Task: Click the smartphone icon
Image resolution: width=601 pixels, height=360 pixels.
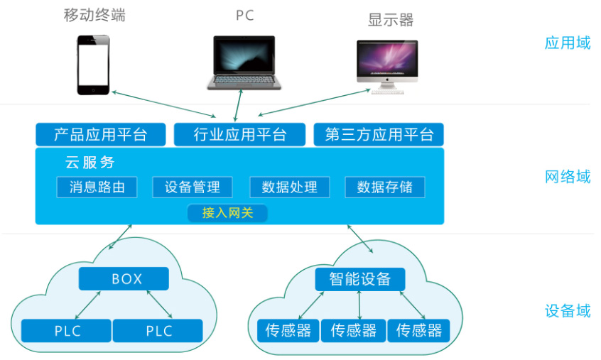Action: tap(93, 65)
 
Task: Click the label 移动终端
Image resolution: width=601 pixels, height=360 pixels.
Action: tap(94, 16)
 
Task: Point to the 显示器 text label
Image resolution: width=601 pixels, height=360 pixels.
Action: tap(391, 20)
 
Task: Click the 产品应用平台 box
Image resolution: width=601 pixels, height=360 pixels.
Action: tap(100, 135)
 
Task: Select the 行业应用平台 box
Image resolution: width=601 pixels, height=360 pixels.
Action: tap(239, 135)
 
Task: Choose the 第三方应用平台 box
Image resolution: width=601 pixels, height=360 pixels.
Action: tap(379, 135)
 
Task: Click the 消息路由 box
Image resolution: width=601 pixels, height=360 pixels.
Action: tap(97, 187)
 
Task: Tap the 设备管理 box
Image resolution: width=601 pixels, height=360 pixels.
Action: tap(192, 187)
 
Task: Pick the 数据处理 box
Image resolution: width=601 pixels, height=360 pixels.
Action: tap(289, 187)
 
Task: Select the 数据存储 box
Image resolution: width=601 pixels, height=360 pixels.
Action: tap(384, 187)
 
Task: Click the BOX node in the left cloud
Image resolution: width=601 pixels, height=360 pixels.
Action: tap(124, 279)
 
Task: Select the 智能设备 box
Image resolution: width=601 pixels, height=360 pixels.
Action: tap(359, 279)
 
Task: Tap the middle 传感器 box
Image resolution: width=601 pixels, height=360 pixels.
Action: tap(353, 330)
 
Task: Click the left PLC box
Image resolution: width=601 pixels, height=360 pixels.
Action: tap(67, 331)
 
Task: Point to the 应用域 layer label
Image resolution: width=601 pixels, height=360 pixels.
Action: tap(567, 43)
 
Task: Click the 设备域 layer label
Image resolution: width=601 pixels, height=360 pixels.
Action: tap(567, 311)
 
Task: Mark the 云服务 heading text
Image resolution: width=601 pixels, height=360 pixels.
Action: tap(90, 163)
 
